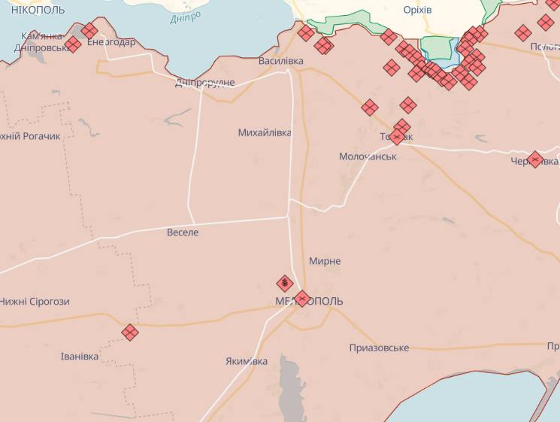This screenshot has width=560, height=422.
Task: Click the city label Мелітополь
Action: tap(309, 301)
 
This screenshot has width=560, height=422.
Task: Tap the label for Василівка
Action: tap(280, 60)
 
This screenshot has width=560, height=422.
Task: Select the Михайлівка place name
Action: tap(265, 133)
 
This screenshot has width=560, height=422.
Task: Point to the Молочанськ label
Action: tap(368, 156)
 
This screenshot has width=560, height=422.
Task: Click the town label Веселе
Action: tap(183, 233)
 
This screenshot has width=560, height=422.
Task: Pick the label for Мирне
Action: tap(325, 261)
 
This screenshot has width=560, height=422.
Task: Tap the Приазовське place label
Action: tap(379, 348)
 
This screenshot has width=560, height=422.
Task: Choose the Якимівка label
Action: tap(247, 361)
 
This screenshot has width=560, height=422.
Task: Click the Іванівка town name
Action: tap(80, 356)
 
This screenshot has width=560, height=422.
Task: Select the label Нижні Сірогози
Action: tap(35, 302)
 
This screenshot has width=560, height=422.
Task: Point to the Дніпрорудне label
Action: tap(204, 82)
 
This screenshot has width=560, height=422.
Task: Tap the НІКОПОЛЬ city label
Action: tap(38, 10)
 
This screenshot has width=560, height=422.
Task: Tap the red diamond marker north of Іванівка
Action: tap(130, 332)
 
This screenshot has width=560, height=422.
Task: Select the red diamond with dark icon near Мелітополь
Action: tap(285, 284)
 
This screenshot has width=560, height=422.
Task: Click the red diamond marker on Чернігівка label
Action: tap(535, 159)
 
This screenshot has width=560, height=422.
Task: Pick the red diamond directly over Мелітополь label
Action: tap(302, 299)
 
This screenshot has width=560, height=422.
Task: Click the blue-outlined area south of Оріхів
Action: tap(439, 51)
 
